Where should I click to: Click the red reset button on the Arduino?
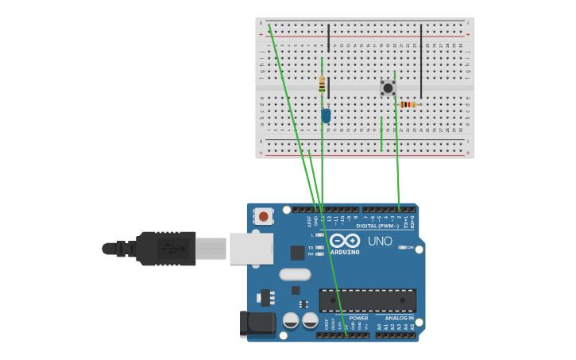[x=264, y=215]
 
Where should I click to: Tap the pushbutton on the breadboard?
[x=388, y=87]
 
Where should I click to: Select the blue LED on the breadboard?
[x=326, y=115]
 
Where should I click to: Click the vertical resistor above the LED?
[x=322, y=84]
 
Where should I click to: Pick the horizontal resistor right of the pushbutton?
[x=408, y=104]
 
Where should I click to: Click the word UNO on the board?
[x=380, y=241]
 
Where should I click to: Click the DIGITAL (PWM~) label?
[x=377, y=226]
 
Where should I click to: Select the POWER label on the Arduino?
[x=358, y=318]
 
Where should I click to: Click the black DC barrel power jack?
[x=257, y=323]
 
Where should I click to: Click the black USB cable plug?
[x=165, y=248]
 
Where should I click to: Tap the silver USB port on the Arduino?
[x=251, y=248]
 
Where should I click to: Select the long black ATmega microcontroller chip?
[x=367, y=300]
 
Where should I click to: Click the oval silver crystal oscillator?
[x=295, y=275]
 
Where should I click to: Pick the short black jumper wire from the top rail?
[x=328, y=38]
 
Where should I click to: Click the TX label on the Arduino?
[x=311, y=247]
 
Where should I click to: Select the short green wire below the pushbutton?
[x=381, y=134]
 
